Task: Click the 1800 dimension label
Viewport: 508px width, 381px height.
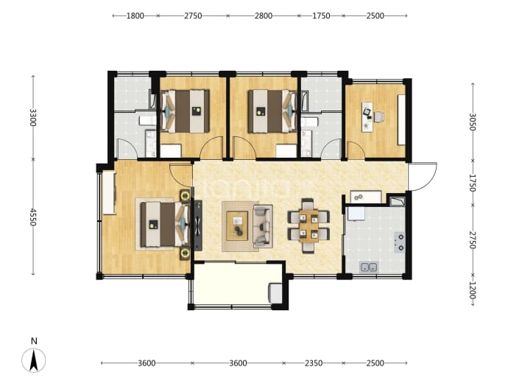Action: [135, 15]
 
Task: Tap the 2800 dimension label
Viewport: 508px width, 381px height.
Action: [263, 15]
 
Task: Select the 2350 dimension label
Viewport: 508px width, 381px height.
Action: [314, 363]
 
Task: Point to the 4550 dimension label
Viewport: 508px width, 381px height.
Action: [33, 217]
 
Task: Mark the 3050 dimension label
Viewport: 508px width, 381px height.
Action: [473, 122]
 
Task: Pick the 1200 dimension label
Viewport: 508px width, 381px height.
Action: [473, 290]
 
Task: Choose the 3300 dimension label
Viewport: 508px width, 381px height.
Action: [33, 117]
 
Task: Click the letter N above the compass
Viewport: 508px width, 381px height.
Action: [34, 340]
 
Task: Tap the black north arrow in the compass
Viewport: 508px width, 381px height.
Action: [33, 360]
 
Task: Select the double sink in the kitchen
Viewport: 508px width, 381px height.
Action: [369, 268]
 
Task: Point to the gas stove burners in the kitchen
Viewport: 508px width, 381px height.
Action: [400, 242]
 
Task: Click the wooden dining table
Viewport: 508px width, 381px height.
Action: [308, 226]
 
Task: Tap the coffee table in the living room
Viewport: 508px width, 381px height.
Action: [237, 226]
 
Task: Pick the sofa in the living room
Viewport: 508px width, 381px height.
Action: [263, 226]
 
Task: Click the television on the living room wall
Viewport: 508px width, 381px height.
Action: [198, 226]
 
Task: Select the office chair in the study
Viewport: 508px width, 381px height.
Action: [379, 116]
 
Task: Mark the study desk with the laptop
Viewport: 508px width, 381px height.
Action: [367, 116]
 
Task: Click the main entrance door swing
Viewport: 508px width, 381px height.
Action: [423, 176]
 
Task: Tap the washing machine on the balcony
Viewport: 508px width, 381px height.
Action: [275, 293]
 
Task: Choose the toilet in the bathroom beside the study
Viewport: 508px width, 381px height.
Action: [310, 122]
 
